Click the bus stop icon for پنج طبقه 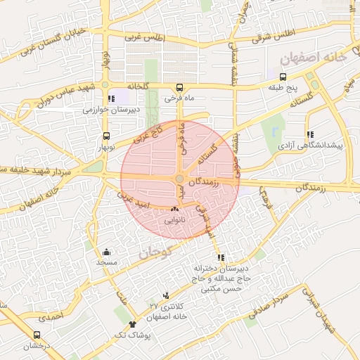pos(283,77)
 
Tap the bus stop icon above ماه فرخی pos(180,89)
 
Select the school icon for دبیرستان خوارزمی pos(110,99)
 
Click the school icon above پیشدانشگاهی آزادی pos(309,134)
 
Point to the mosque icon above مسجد pos(106,252)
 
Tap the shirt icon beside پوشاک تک pos(134,325)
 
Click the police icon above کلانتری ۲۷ pos(166,295)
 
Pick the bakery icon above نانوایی pos(175,209)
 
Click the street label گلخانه pos(138,85)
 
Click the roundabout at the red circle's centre pos(180,180)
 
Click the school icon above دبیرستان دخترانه pos(221,257)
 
